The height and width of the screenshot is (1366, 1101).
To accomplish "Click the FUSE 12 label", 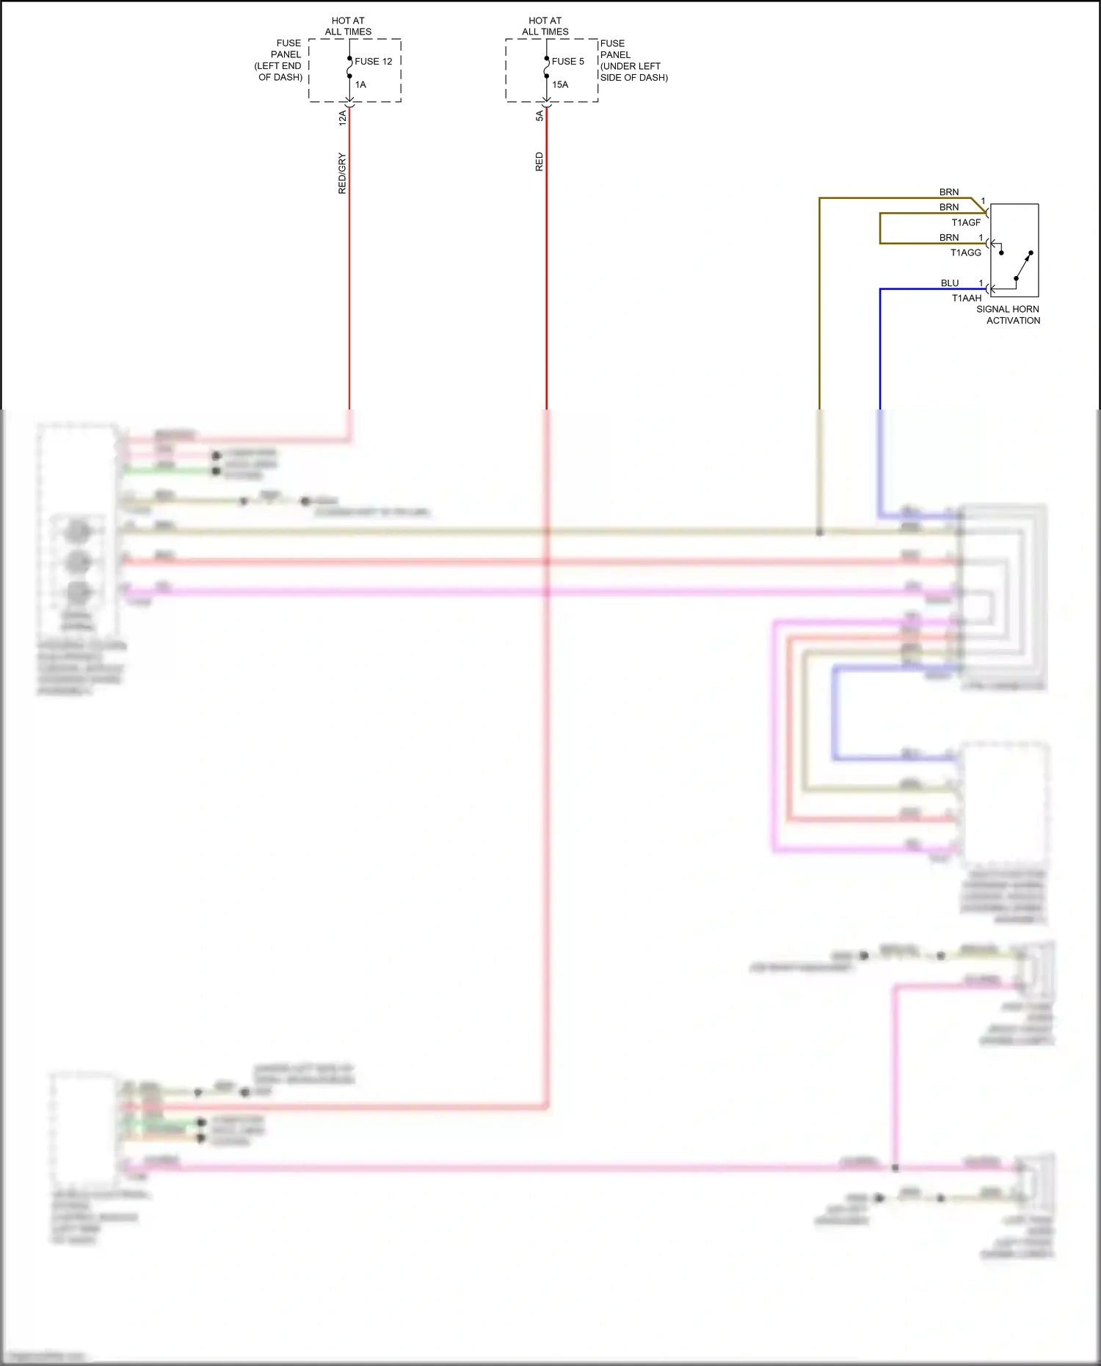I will (373, 62).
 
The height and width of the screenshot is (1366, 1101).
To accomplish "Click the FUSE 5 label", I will (567, 62).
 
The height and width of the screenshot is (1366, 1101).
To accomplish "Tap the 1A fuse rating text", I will (360, 85).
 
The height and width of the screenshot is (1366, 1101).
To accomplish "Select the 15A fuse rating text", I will (560, 85).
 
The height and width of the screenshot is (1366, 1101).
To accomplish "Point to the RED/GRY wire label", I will (342, 173).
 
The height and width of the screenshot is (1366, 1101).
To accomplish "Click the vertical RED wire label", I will (539, 162).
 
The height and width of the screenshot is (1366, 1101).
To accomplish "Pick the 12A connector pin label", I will (343, 117).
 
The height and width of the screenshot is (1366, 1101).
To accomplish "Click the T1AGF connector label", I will (966, 222).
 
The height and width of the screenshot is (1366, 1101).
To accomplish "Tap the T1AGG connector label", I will (965, 253).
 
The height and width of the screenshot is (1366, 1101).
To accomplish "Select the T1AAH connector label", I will (966, 298).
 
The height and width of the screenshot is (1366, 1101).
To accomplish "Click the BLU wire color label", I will (950, 283).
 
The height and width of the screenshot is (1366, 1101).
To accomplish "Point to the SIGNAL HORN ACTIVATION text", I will (1009, 315).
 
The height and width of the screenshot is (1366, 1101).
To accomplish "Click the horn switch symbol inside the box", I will (1022, 266).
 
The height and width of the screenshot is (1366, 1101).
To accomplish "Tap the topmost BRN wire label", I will (949, 192).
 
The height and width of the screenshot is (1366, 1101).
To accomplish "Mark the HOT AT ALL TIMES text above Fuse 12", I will (348, 26).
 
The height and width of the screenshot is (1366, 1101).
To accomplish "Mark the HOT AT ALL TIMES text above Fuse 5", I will (545, 26).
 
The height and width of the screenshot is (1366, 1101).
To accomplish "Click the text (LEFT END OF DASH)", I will (279, 71).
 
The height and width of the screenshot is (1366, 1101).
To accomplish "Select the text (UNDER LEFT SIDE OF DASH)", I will (633, 72).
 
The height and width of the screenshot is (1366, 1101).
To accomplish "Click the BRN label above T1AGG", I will (949, 238).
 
